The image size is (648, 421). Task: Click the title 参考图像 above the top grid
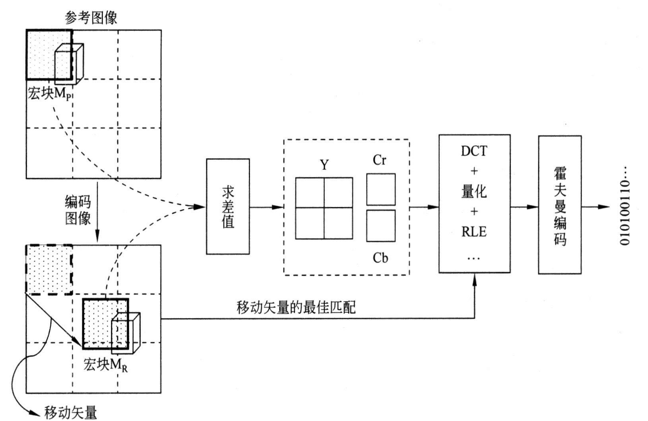[91, 17]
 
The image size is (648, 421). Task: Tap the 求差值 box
[228, 207]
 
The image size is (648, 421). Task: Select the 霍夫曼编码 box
[560, 205]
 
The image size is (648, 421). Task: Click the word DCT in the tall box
[474, 151]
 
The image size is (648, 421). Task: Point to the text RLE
[474, 232]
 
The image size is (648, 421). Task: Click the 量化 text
[474, 192]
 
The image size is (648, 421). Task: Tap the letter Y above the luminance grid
[324, 165]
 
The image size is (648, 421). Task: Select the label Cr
[380, 160]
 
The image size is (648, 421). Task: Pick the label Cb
[380, 258]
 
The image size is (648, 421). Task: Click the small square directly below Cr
[381, 189]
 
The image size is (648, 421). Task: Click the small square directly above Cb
[381, 226]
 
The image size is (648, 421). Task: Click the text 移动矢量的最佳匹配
[296, 307]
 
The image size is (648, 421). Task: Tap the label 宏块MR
[106, 365]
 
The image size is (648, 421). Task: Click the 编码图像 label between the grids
[78, 210]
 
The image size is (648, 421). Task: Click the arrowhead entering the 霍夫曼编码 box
[533, 207]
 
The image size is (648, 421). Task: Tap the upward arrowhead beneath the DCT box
[474, 278]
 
